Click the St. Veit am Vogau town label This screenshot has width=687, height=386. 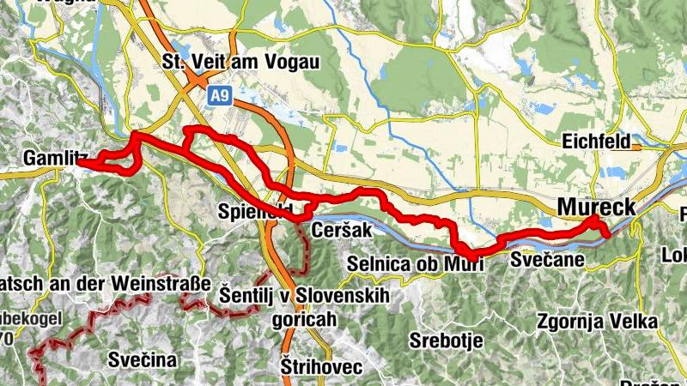[x=240, y=62]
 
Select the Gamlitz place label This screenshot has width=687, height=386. [x=57, y=158]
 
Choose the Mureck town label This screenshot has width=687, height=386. [x=597, y=207]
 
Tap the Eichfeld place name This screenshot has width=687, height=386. [x=597, y=142]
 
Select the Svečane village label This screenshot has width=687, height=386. [x=547, y=258]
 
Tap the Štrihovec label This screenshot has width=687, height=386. [x=322, y=367]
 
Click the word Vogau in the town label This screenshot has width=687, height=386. [x=293, y=62]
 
